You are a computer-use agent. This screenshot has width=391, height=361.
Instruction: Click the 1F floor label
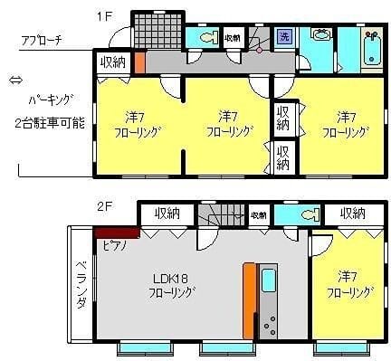(105, 15)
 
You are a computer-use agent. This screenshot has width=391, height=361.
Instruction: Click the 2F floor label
(104, 207)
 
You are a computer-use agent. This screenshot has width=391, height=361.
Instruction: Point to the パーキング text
(50, 100)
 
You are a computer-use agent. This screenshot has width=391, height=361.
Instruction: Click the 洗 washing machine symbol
(284, 37)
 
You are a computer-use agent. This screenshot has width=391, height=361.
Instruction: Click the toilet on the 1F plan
(205, 37)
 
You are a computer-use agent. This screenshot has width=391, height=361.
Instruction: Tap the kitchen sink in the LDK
(269, 280)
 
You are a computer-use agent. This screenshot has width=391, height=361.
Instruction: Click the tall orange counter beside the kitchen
(247, 299)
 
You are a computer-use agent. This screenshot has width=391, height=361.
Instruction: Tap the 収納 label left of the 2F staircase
(167, 214)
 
